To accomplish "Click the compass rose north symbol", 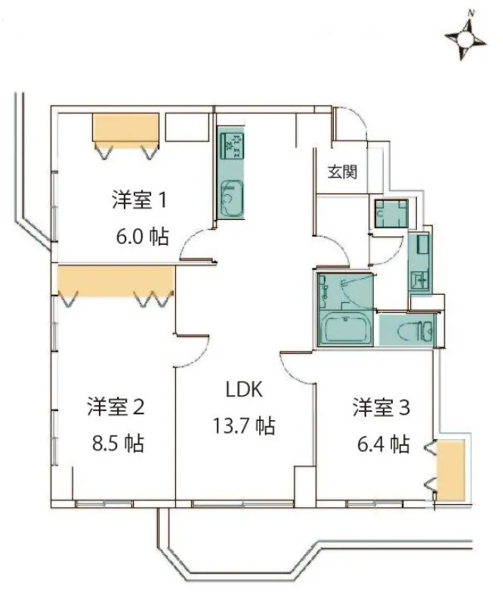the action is click(465, 38).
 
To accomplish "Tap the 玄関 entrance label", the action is click(342, 172).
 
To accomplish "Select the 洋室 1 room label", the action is click(139, 200).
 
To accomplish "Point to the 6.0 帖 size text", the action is click(142, 237).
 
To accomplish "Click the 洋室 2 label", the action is click(116, 407).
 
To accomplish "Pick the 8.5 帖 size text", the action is click(118, 443).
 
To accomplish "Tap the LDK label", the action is click(244, 389).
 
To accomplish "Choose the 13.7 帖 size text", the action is click(244, 425).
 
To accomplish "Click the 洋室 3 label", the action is click(381, 407).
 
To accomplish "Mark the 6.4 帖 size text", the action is click(384, 444).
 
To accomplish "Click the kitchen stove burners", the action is click(231, 146).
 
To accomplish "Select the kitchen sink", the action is click(231, 198).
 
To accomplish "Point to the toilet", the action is click(415, 331).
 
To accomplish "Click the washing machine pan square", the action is click(391, 214).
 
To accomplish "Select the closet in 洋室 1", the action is click(125, 128).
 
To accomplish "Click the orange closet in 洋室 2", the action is click(116, 280).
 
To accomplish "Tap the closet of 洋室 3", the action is click(450, 470).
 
